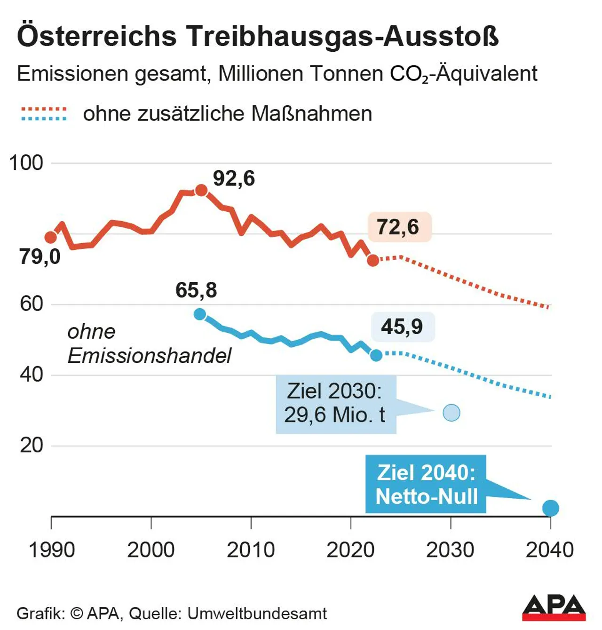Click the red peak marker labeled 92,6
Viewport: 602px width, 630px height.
(201, 191)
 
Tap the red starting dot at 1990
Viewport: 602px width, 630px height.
(51, 238)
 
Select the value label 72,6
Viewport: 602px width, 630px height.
(399, 227)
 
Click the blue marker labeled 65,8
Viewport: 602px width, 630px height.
(200, 314)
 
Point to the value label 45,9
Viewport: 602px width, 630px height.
(403, 327)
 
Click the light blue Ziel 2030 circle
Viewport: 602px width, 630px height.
(451, 413)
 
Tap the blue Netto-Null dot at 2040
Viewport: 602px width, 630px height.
(550, 508)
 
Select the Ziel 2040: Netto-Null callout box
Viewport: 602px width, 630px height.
(426, 484)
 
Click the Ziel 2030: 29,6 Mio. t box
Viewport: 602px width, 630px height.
(336, 404)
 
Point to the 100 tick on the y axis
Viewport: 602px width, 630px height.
(26, 163)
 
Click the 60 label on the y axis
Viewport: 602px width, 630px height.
(31, 304)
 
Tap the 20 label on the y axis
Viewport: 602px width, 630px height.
(31, 445)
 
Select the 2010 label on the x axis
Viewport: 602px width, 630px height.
(251, 550)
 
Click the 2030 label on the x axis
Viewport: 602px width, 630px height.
(450, 550)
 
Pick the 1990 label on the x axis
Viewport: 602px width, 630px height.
(52, 550)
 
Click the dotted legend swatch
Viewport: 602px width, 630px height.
(44, 114)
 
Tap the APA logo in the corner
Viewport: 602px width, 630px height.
(554, 607)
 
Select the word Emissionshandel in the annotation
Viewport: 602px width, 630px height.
(149, 356)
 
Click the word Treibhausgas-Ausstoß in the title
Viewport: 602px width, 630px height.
(342, 36)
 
